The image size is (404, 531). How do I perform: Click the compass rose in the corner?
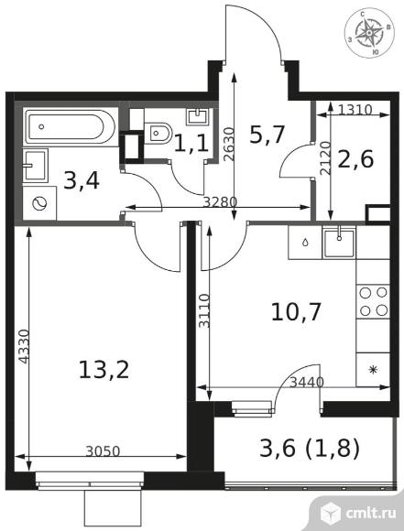coord(370,33)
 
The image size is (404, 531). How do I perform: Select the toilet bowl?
coord(158,133)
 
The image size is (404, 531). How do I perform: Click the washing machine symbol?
coord(39,203)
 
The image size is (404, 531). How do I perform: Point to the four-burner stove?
coord(373,301)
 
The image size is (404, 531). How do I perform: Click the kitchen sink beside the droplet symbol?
coord(339,242)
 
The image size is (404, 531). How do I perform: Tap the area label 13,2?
coord(104,370)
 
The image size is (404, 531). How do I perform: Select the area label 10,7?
coord(296,312)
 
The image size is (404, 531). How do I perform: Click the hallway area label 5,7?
coord(267,135)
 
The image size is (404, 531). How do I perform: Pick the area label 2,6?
coord(355,158)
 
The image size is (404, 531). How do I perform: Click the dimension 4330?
coord(24,346)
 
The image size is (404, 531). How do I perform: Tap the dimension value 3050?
coord(103,451)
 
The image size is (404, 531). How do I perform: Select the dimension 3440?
coord(308,383)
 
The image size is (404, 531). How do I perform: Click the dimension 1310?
coord(355,109)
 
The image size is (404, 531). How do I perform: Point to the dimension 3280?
coord(220,202)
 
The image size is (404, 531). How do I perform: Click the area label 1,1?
coord(191,143)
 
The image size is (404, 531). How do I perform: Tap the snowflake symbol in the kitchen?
coord(373,370)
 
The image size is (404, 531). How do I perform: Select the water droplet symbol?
coord(305,242)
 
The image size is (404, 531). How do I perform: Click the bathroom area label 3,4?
coord(82,181)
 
